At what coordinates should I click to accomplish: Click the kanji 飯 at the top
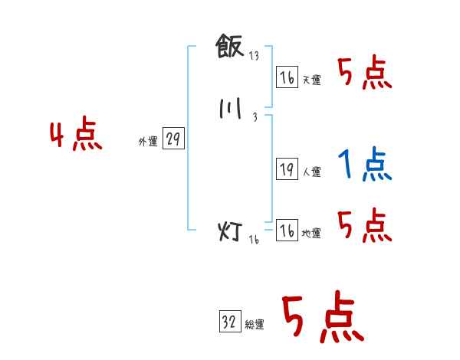click(229, 47)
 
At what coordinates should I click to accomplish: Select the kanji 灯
click(231, 231)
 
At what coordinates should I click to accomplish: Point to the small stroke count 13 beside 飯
click(254, 56)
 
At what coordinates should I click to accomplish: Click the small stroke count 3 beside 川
click(254, 117)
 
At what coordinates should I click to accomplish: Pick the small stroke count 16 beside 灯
click(254, 239)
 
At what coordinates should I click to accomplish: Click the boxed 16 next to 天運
click(287, 77)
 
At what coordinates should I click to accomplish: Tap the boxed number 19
click(287, 170)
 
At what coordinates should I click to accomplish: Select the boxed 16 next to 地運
click(287, 231)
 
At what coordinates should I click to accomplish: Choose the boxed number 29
click(173, 139)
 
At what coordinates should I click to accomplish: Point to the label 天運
click(310, 80)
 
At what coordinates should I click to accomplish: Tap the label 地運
click(310, 234)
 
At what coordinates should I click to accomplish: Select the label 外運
click(147, 142)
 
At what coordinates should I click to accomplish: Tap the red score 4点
click(76, 136)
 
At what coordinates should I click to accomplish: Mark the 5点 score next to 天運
click(364, 73)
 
